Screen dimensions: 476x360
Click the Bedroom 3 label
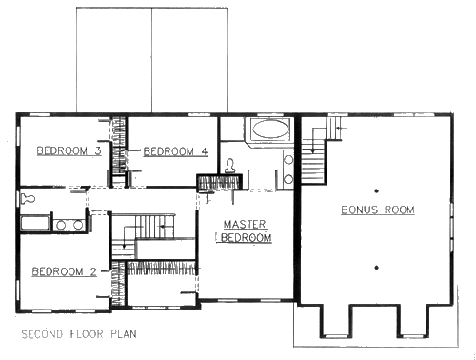pos(69,150)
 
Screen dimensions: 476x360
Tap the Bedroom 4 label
pos(175,151)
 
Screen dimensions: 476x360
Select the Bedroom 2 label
pos(64,271)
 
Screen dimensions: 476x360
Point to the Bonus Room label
pos(378,210)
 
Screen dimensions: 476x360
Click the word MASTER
pos(245,224)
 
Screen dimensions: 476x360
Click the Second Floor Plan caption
pos(79,334)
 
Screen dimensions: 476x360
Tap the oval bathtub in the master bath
pos(270,129)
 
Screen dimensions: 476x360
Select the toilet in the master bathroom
pos(230,166)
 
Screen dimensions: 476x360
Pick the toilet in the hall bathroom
pos(28,199)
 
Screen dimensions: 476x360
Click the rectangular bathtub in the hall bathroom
pos(35,223)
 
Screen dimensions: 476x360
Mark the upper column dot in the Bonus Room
pos(377,190)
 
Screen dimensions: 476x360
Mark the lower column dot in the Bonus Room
pos(377,268)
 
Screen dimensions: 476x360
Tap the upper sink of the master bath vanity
pos(288,159)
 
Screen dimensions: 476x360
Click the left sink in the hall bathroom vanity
pos(61,225)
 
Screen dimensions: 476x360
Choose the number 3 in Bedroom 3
pos(98,150)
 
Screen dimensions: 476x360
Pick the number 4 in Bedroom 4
pos(205,151)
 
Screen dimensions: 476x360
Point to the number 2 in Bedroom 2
pos(93,271)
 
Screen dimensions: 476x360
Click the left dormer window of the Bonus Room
pos(337,335)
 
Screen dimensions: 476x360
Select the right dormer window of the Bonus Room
pos(413,335)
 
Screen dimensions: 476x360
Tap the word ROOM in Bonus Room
pos(400,210)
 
